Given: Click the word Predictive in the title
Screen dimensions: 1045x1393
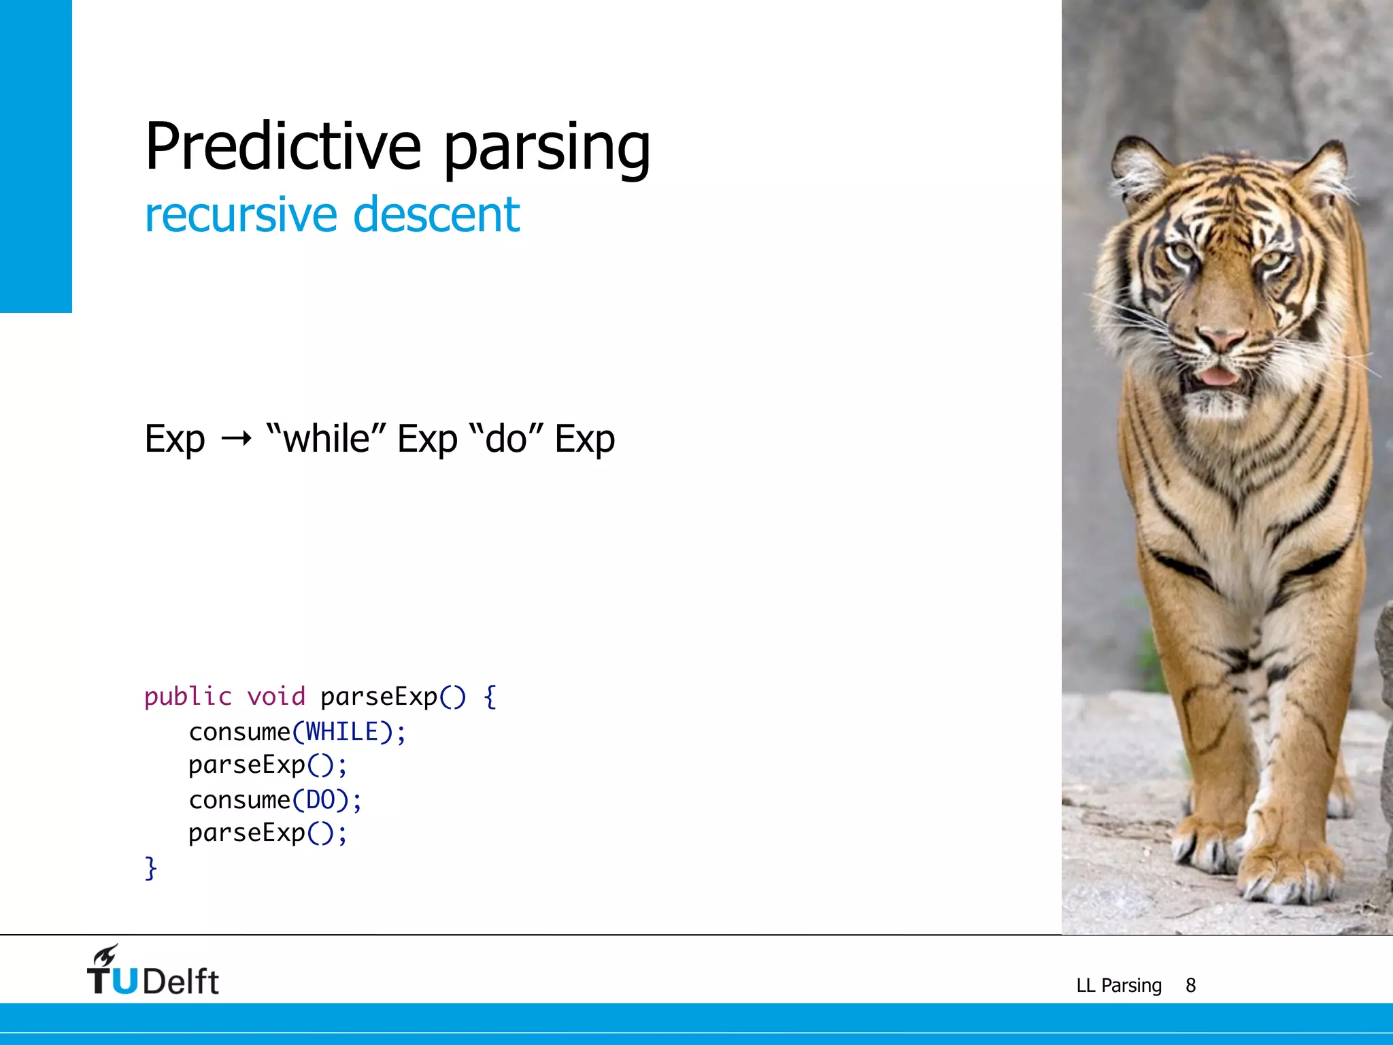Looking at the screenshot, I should (x=283, y=146).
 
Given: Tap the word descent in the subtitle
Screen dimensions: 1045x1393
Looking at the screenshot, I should (x=436, y=215).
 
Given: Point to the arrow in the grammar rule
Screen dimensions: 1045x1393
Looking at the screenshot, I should (x=236, y=439).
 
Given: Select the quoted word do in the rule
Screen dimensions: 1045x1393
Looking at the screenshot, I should (x=507, y=439).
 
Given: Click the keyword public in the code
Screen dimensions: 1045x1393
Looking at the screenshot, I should (x=188, y=697).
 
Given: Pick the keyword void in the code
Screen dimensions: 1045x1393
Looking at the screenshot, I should (x=275, y=697).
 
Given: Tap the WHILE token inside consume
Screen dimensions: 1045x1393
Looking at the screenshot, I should (x=342, y=732).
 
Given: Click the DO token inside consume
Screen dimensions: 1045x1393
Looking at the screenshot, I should (x=320, y=800).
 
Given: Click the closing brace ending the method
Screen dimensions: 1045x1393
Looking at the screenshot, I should (x=150, y=868).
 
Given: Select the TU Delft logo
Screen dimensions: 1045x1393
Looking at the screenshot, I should (x=153, y=972).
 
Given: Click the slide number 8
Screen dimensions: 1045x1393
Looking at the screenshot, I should (x=1190, y=985).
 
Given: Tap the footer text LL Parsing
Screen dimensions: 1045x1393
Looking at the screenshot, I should (x=1119, y=985).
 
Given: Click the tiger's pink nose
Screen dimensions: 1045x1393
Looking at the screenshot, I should (x=1221, y=339).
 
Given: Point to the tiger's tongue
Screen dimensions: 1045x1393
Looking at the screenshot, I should (x=1218, y=376).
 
